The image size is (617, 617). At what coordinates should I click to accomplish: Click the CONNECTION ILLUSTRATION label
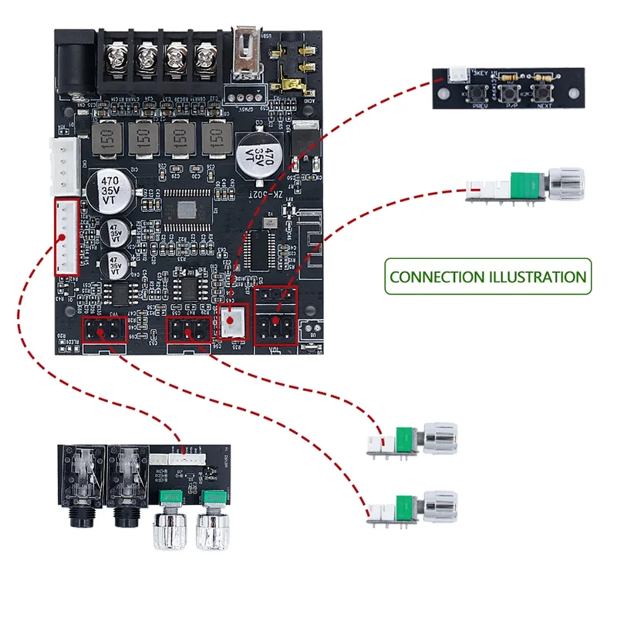pos(487,277)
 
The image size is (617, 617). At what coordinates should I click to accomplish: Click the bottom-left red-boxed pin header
pos(105,330)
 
